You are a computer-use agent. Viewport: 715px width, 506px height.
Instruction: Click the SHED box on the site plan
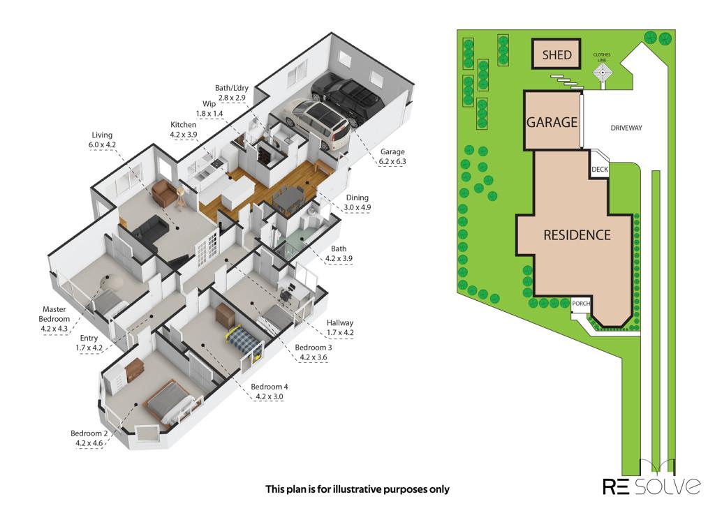556,54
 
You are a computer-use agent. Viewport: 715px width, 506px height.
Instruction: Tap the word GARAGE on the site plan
552,122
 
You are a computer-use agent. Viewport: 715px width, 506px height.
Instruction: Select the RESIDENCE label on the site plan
577,235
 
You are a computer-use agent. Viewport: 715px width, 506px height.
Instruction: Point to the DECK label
600,169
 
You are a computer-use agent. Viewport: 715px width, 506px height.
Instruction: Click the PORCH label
581,303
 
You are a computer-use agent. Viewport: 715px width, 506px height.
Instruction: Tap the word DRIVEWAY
626,128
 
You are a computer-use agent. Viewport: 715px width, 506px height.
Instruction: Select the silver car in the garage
318,123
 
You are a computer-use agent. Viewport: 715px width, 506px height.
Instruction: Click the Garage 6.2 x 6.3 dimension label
392,156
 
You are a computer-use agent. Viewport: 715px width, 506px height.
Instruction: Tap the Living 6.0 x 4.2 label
102,140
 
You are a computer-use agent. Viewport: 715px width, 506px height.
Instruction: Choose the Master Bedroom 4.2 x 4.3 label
54,319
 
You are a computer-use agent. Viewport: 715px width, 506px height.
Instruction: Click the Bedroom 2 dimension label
89,438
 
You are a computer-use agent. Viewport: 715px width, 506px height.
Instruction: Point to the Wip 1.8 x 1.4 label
209,108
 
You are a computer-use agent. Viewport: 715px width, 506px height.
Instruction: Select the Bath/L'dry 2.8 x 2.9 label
232,93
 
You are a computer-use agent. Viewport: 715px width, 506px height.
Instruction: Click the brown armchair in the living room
163,193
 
